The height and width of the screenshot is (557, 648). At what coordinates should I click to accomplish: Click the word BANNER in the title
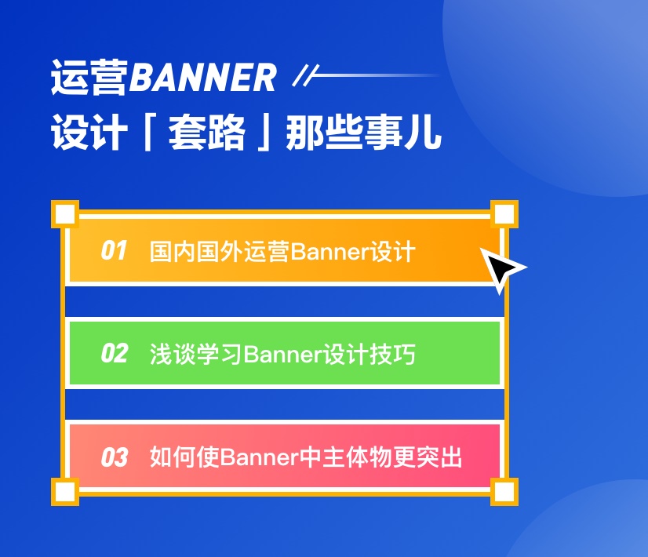coord(202,78)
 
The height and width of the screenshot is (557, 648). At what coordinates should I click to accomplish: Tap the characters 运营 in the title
coord(89,78)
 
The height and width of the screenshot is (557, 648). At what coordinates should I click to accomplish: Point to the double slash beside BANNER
coord(302,76)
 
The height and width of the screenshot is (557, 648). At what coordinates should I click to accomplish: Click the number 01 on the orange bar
coord(114,251)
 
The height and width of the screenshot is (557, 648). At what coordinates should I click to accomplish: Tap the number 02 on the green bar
coord(114,354)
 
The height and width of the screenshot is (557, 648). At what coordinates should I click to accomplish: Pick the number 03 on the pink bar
coord(114,457)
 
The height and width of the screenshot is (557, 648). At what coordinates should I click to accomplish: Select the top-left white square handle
coord(65,213)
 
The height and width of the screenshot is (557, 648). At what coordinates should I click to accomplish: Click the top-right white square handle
coord(504,213)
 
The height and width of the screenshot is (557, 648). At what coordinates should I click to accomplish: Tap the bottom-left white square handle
coord(65,492)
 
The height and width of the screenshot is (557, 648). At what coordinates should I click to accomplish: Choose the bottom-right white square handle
coord(504,492)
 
